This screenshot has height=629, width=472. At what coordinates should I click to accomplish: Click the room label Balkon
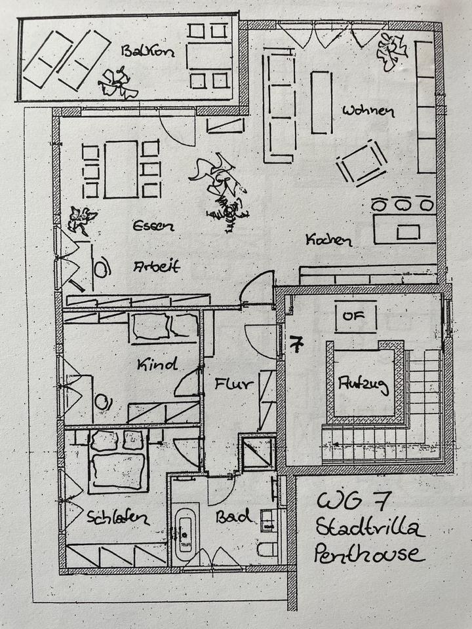[147, 50]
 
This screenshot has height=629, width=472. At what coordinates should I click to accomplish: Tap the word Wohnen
[368, 110]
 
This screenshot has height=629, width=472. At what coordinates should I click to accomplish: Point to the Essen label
[152, 226]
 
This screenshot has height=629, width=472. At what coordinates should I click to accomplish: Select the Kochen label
[328, 240]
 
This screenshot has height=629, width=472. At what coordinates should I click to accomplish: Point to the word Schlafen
[118, 518]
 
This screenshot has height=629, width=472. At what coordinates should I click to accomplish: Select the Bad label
[235, 517]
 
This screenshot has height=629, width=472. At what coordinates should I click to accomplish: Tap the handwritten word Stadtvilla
[370, 527]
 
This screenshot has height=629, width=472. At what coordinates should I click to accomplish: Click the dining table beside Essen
[121, 169]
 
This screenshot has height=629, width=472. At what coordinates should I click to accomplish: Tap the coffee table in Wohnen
[321, 102]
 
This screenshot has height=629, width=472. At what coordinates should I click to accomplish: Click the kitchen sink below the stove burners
[408, 231]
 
